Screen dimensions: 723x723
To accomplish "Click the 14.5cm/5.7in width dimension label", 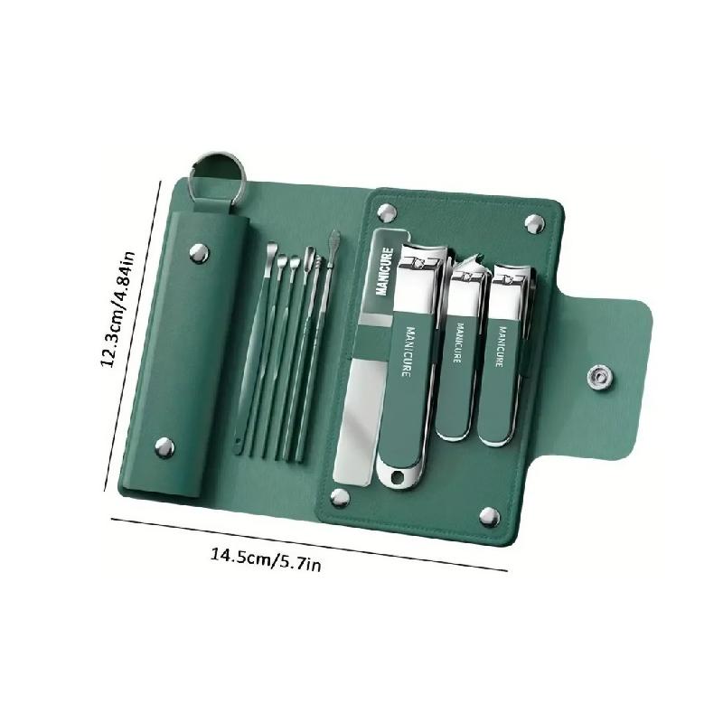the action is point(266,559).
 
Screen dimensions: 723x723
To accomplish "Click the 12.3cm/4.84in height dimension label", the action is point(118,309).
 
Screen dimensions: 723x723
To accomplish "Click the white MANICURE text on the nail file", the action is point(384,272).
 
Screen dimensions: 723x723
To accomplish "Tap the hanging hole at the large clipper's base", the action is point(396,476).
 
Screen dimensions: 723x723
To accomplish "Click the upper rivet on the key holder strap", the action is point(199,253).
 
